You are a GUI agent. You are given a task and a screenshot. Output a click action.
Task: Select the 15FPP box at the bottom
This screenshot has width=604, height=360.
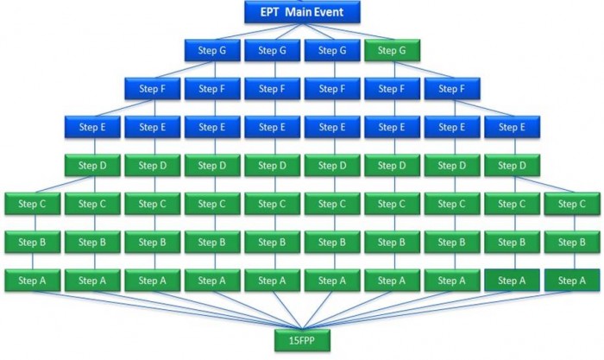click(301, 341)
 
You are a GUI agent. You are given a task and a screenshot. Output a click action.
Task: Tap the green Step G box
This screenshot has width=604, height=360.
click(392, 50)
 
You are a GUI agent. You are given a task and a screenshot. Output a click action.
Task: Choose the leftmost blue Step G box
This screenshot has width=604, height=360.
click(211, 50)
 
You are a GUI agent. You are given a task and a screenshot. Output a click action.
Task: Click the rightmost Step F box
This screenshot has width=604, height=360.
click(451, 88)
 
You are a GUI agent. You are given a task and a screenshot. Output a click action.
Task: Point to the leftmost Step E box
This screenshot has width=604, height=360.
click(91, 127)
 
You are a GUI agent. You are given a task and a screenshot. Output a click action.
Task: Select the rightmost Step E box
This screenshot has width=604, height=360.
click(512, 127)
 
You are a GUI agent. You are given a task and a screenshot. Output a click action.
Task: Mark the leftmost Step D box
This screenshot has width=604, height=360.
click(91, 165)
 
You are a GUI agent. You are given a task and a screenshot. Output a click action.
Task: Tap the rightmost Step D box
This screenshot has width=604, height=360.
click(512, 165)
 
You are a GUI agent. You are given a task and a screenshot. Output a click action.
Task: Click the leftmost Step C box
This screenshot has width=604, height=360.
click(31, 204)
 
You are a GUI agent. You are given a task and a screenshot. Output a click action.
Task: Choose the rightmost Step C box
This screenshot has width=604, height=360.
click(571, 204)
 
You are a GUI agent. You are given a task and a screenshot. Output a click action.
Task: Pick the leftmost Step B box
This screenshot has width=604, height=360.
click(31, 242)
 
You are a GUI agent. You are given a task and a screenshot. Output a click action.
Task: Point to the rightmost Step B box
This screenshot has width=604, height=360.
click(571, 242)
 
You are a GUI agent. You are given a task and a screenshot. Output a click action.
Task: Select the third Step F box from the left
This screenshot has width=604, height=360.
click(271, 88)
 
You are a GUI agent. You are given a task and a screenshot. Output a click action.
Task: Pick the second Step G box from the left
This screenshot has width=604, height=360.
click(271, 50)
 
